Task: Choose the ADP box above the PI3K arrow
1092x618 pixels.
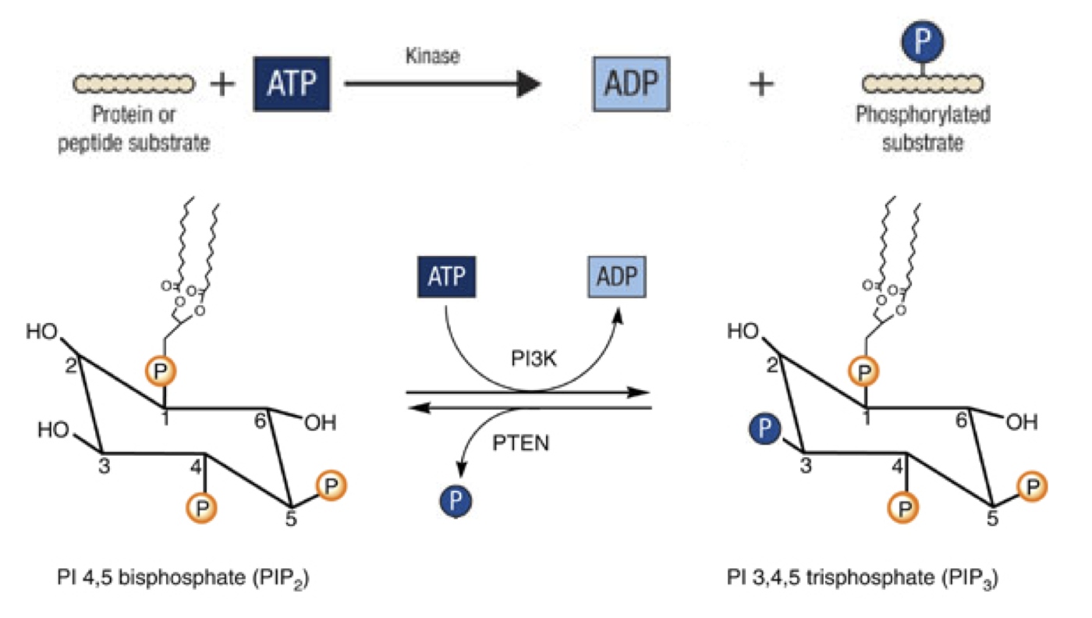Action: pos(617,278)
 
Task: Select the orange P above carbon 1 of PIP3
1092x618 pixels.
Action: pos(862,372)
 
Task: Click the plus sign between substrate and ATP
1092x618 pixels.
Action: pos(224,83)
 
